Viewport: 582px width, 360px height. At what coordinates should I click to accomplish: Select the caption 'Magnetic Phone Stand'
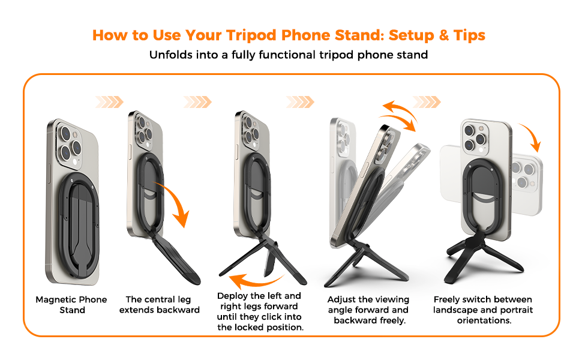pyautogui.click(x=71, y=305)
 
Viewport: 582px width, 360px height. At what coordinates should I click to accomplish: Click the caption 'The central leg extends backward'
pyautogui.click(x=159, y=305)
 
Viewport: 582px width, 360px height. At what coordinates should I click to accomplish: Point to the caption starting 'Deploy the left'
pyautogui.click(x=259, y=311)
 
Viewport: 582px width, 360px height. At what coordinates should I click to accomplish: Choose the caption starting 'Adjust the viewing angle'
pyautogui.click(x=368, y=309)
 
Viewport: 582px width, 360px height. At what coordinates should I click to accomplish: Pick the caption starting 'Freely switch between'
pyautogui.click(x=482, y=309)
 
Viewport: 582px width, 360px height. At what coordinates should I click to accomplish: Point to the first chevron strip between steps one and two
pyautogui.click(x=109, y=102)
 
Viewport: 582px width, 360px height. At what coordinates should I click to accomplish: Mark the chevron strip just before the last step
pyautogui.click(x=427, y=102)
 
